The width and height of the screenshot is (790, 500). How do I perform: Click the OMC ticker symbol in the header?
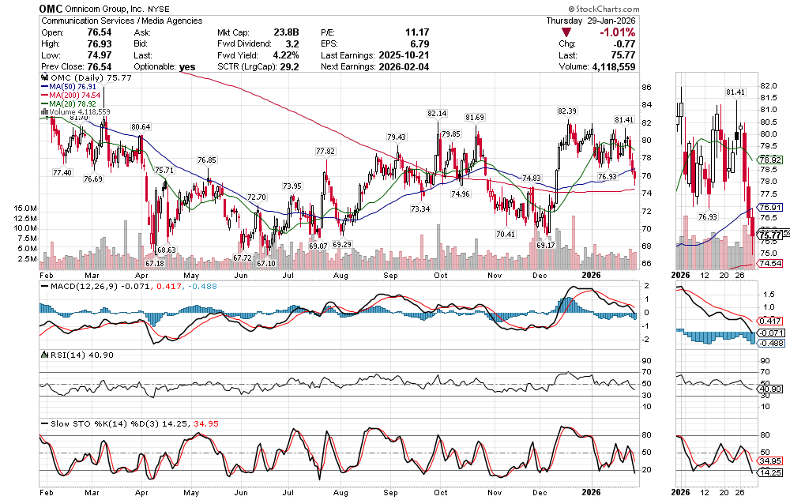[52, 8]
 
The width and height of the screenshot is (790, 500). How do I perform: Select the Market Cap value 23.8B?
[287, 32]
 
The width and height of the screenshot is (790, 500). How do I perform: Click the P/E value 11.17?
[416, 32]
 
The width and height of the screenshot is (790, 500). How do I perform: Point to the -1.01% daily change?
[618, 32]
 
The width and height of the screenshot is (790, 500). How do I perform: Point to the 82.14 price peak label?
[437, 114]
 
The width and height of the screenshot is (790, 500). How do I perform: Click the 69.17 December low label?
[546, 246]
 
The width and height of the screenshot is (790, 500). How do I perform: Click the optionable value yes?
[187, 67]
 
